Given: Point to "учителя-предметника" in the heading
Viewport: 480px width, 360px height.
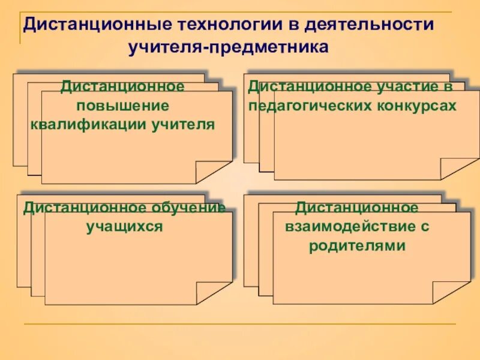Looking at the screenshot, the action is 229,47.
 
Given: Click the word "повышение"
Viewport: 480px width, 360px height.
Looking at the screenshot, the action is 122,106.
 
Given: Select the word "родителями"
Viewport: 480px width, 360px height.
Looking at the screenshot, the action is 357,247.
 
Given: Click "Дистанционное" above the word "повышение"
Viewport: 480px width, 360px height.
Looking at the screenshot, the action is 122,86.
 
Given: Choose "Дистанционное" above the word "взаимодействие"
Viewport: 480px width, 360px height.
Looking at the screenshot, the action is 356,208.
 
